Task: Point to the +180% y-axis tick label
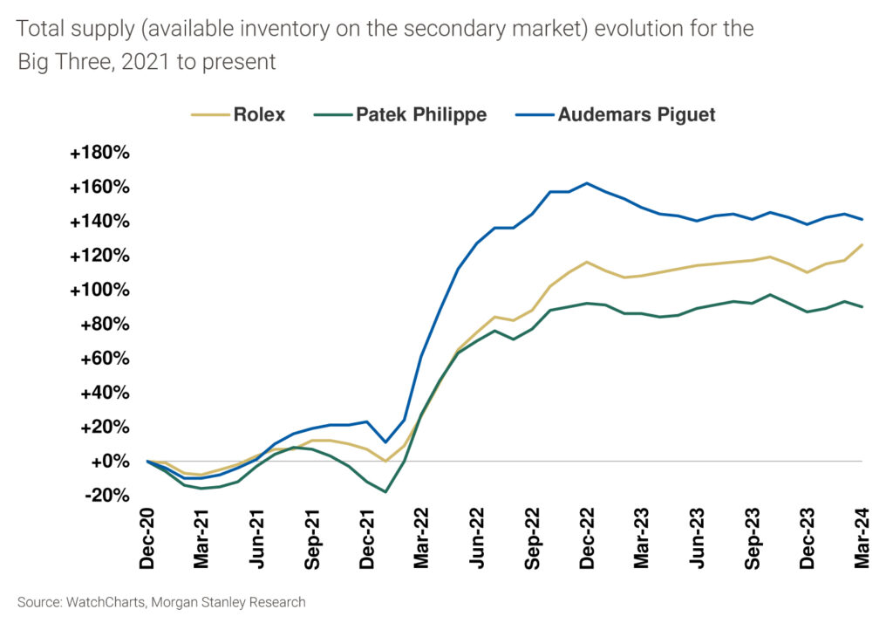tap(99, 154)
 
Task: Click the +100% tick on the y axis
tap(99, 290)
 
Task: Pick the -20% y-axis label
tap(104, 495)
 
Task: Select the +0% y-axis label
tap(109, 461)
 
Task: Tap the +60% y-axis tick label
tap(104, 359)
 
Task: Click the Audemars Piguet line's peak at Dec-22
tap(587, 183)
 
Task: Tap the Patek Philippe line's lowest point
tap(385, 492)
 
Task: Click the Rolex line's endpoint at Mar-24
tap(862, 245)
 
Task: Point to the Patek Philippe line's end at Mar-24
tap(862, 307)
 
